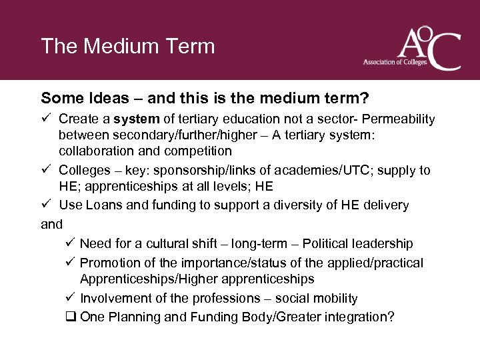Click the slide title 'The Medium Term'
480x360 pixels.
[128, 46]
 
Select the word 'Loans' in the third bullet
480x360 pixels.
[103, 205]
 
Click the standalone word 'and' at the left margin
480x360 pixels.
[51, 224]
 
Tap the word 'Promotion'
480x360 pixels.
[110, 263]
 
